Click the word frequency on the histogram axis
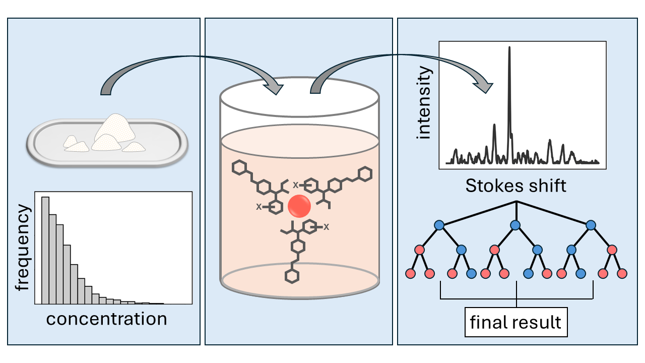(22, 250)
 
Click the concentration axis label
(106, 319)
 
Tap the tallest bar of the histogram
(45, 250)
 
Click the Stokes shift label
(515, 186)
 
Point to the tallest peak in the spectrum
(509, 101)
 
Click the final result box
(515, 322)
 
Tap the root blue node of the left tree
(439, 225)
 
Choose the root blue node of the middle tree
(515, 225)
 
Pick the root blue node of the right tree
(591, 225)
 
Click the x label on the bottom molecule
(326, 227)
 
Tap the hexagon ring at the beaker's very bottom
(291, 276)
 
